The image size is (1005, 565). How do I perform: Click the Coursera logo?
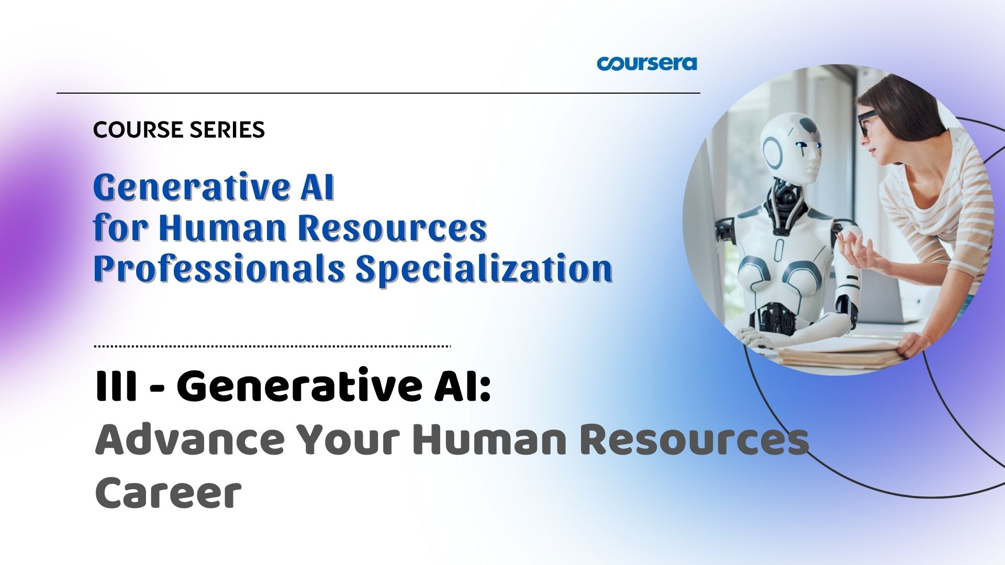pos(647,63)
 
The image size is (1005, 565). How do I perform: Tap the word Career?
pos(168,493)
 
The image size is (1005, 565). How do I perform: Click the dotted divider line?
pos(272,346)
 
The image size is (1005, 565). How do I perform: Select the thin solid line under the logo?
pos(378,93)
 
